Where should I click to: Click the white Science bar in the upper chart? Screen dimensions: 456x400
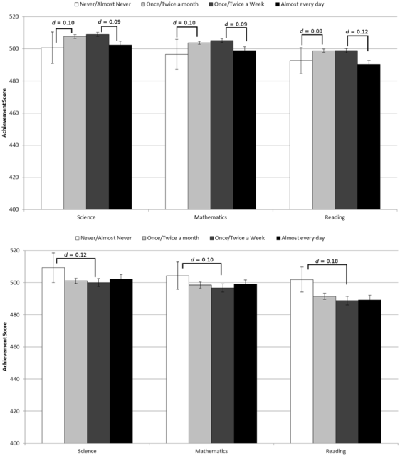tap(52, 128)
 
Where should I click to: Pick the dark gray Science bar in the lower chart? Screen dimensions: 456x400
tap(98, 363)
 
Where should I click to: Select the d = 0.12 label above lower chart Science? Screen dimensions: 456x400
tap(75, 254)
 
